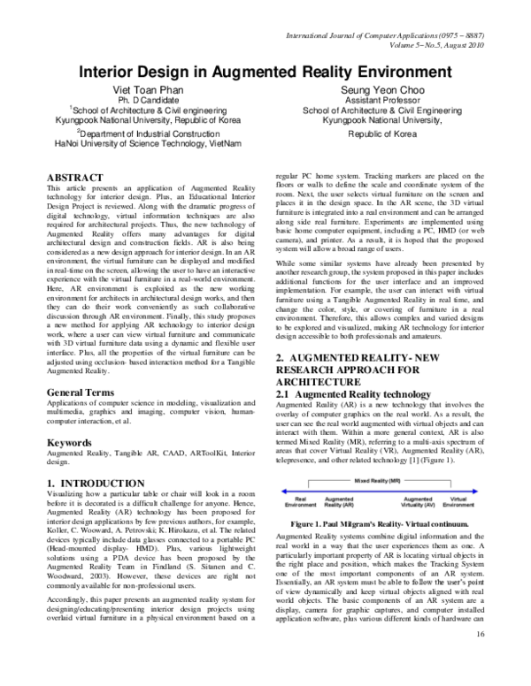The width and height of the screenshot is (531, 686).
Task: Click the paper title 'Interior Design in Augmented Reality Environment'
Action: (x=265, y=72)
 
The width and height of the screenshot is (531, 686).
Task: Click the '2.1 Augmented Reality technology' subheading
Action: (x=341, y=392)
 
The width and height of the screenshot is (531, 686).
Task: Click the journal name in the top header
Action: (x=387, y=33)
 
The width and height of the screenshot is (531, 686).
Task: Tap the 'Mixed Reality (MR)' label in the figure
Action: (x=379, y=483)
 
